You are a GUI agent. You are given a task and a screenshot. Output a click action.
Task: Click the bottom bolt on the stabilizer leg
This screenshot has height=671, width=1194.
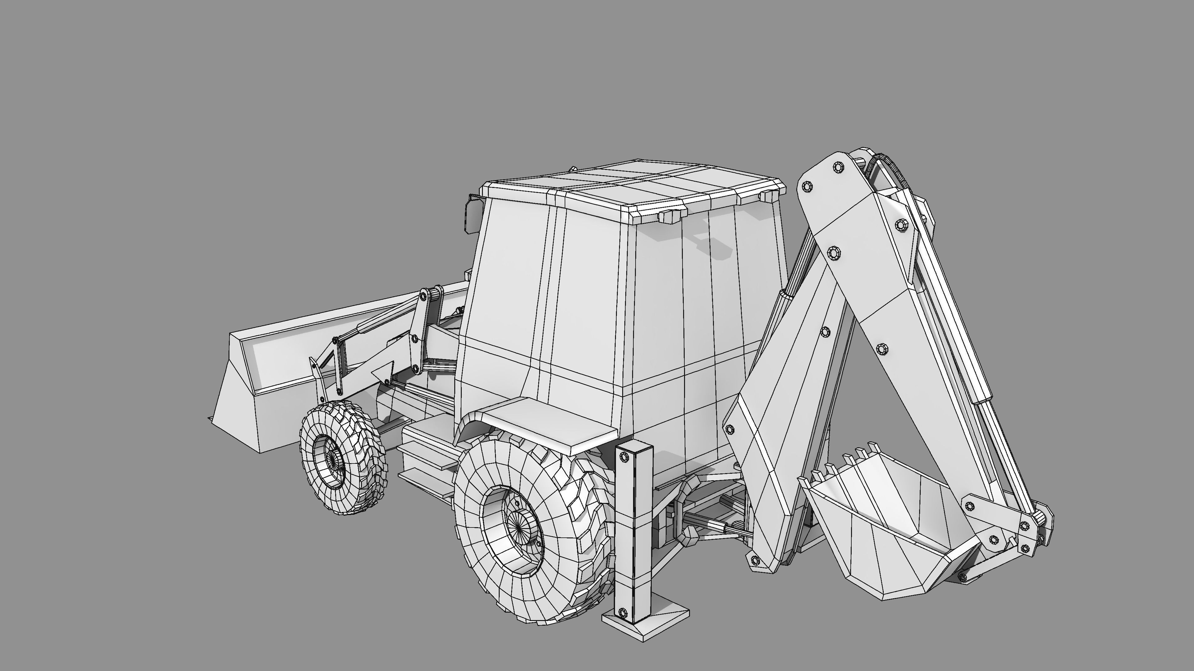(x=622, y=612)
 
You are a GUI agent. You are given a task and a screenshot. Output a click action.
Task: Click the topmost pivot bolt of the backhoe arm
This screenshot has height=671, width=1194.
(x=838, y=167)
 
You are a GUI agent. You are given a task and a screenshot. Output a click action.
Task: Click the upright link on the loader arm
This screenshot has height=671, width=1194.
(x=419, y=331)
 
